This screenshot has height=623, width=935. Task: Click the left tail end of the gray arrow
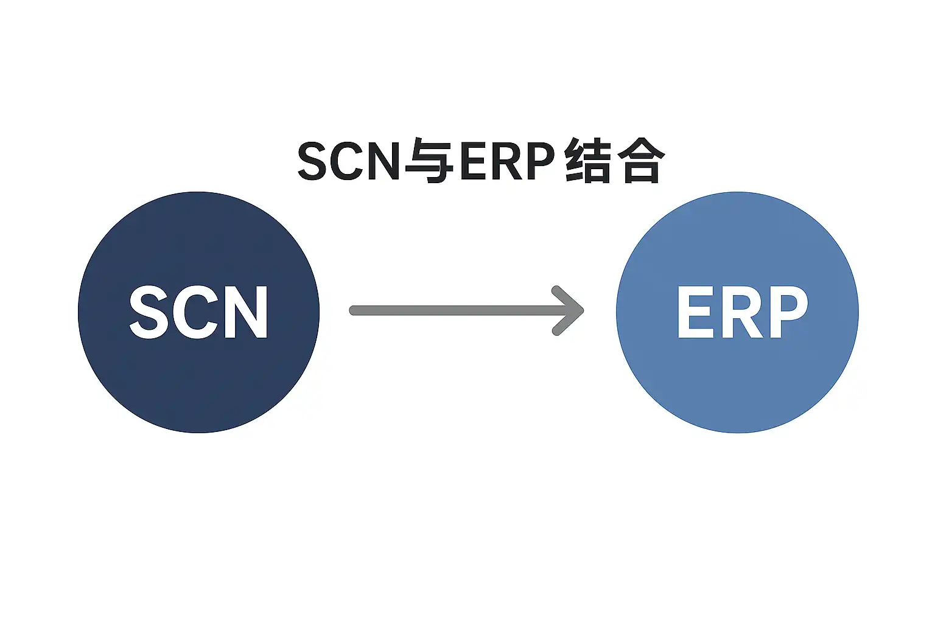point(354,311)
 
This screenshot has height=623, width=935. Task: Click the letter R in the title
point(506,162)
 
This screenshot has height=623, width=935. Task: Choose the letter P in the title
point(540,162)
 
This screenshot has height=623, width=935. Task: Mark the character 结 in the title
point(587,162)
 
